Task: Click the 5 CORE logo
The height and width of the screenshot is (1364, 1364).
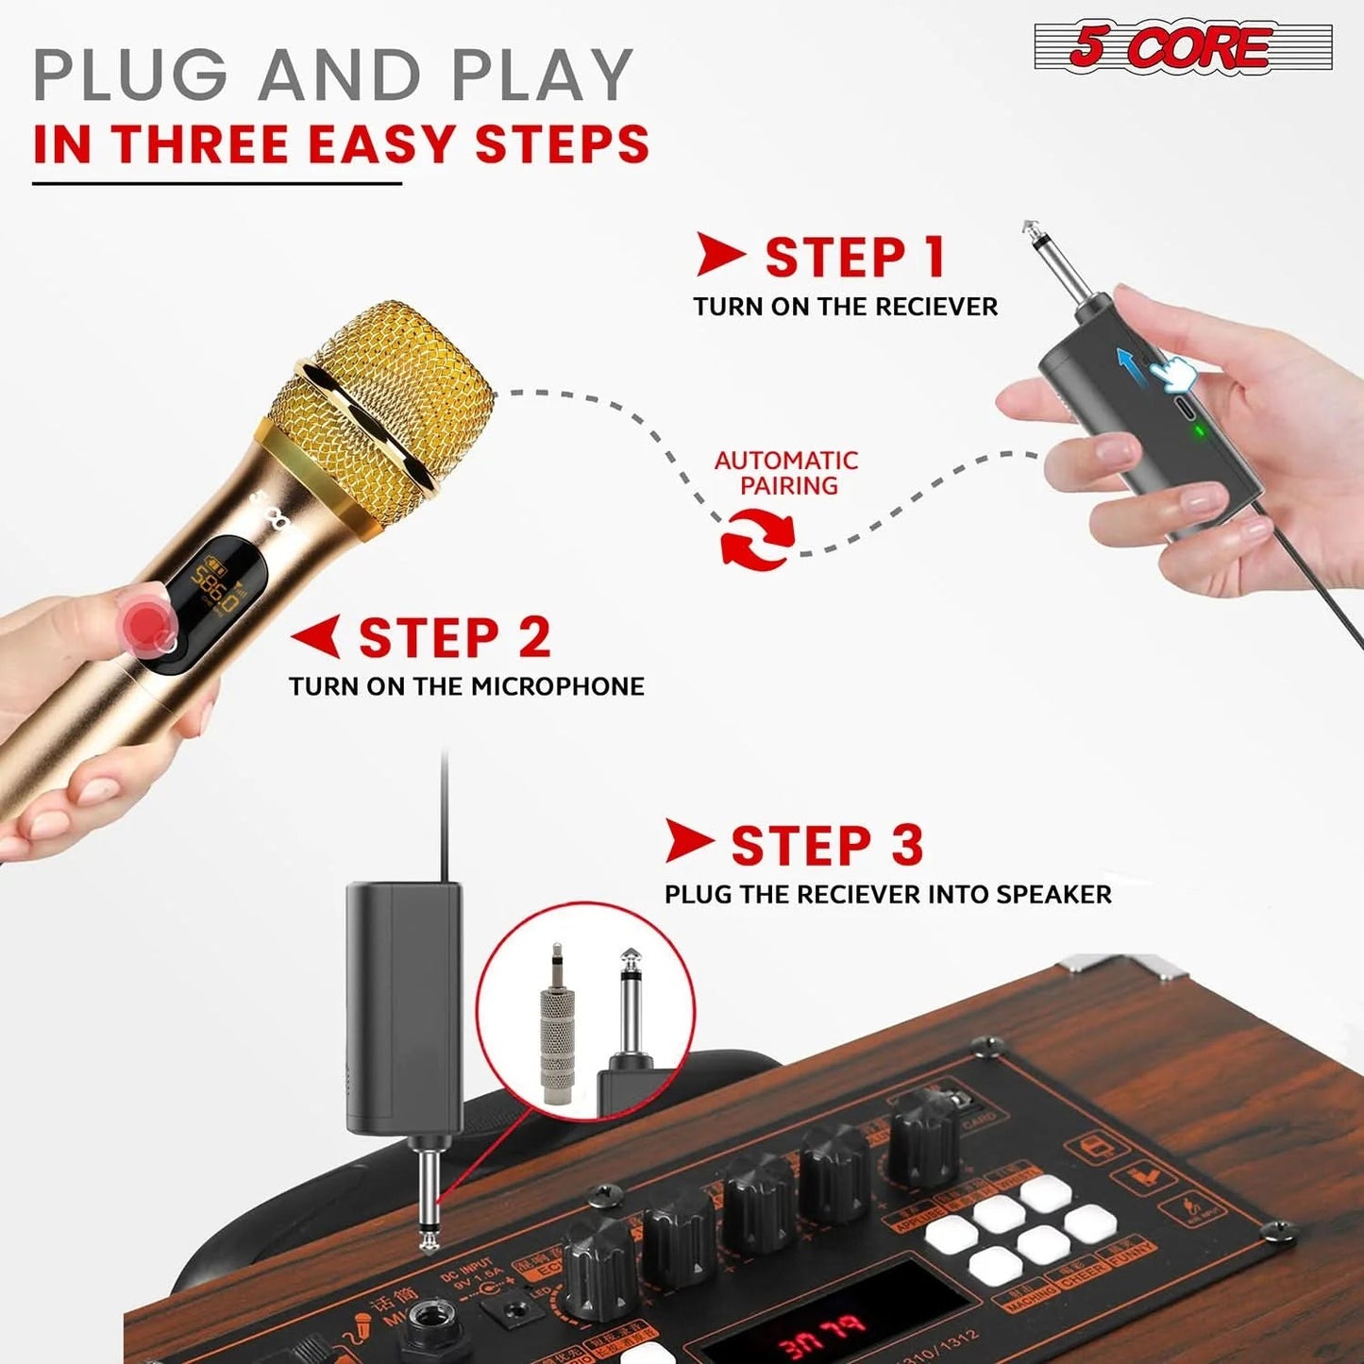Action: (x=1183, y=47)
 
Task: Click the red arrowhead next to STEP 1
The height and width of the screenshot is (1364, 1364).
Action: (x=719, y=255)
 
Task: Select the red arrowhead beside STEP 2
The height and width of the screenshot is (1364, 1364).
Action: (x=317, y=637)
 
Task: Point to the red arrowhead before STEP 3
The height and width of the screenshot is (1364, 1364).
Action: (x=688, y=841)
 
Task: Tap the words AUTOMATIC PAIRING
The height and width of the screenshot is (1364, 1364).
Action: (x=785, y=473)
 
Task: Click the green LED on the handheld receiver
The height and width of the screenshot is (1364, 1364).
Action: (x=1199, y=432)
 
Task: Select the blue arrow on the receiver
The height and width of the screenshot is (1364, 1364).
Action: (x=1130, y=365)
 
